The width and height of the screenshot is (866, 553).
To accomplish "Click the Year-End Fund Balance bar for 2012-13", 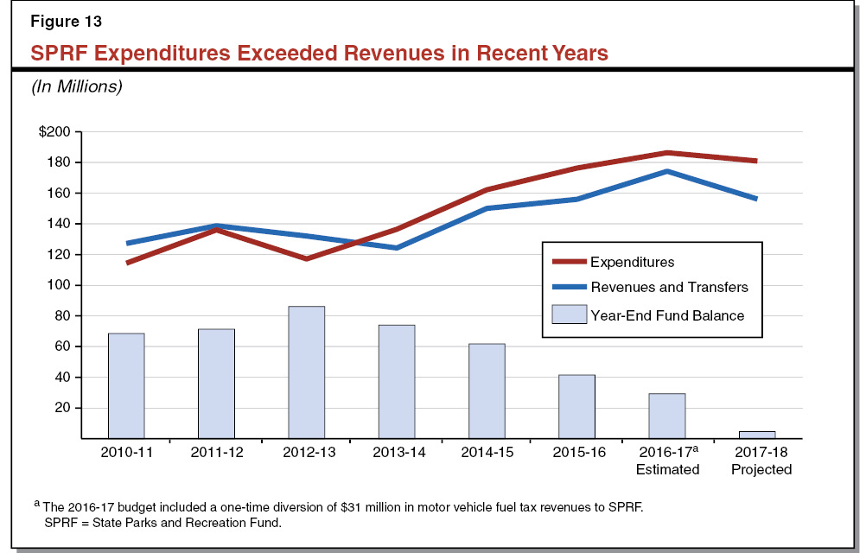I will coord(306,372).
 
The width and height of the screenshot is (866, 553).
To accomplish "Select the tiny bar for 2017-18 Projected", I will coord(757,435).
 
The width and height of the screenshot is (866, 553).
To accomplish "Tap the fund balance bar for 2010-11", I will coord(126,385).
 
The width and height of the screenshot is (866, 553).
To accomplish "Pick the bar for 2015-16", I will coord(576,406).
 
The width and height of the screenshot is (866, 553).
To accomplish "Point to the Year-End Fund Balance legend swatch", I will coord(568,315).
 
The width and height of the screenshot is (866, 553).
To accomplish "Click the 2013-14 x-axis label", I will coord(396,454).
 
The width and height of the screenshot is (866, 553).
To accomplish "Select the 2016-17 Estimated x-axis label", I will coord(666,461).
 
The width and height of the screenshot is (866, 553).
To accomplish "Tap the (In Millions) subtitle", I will coord(77,86).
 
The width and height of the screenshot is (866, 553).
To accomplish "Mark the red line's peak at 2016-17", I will coord(666,153).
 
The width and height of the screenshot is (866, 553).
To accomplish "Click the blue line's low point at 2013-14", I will coord(396,248).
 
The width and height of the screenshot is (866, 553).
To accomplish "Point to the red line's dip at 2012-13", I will coord(306,258).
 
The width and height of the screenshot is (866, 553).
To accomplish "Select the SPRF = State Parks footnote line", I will coord(159,521).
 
